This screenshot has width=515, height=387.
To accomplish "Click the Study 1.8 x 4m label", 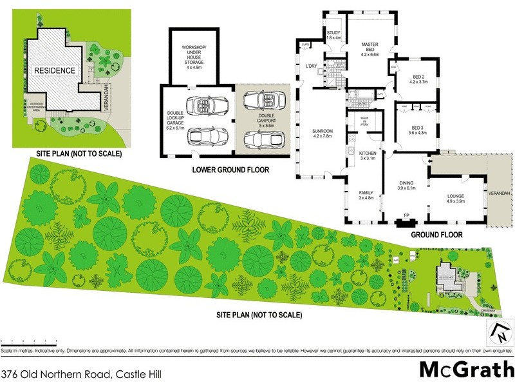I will pos(333,35).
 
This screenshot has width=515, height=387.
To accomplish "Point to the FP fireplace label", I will pos(406,215).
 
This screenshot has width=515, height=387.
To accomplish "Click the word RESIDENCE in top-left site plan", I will pos(55,70).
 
